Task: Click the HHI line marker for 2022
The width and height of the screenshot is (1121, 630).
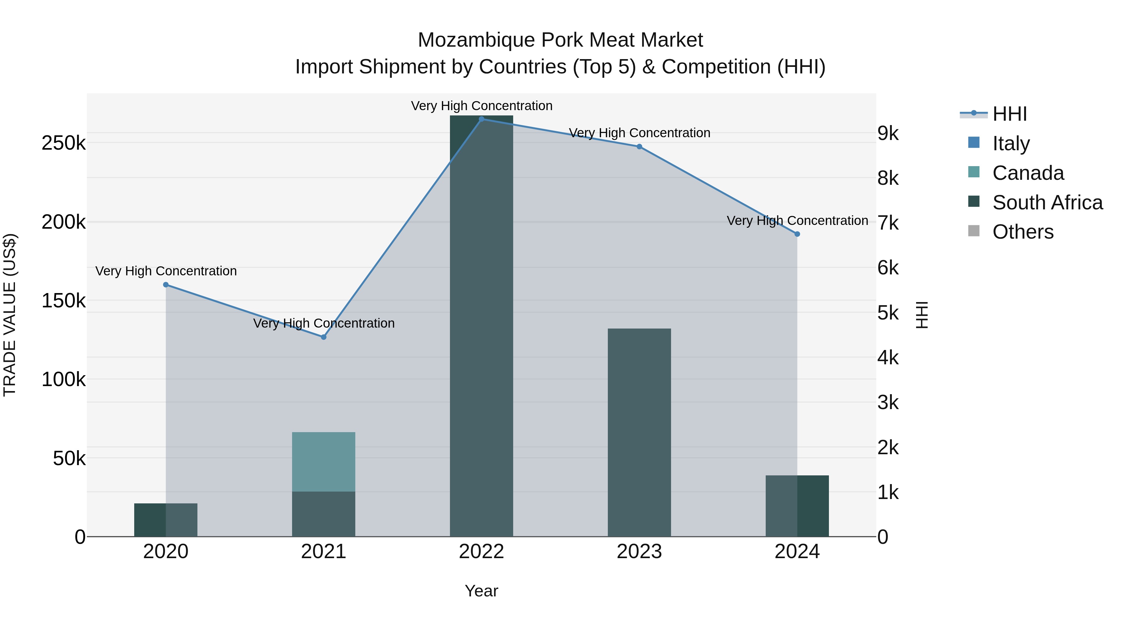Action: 481,119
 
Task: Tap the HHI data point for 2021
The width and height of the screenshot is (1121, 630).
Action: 323,337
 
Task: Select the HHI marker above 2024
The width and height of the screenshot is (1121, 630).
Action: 797,234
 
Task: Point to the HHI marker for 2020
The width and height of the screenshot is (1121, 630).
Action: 166,285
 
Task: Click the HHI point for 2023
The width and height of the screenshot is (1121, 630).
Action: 639,147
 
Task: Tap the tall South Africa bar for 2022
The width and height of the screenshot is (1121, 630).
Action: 481,326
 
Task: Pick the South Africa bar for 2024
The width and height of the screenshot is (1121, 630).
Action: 797,506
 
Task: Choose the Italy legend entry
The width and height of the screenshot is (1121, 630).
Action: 1010,143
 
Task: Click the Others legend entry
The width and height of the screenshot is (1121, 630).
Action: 1023,232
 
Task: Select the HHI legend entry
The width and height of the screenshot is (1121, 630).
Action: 1010,114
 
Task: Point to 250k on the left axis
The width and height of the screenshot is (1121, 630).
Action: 64,143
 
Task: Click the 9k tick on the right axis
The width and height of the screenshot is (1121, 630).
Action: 888,133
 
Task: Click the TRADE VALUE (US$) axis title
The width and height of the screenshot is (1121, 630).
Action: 10,315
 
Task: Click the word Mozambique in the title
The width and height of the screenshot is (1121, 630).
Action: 476,40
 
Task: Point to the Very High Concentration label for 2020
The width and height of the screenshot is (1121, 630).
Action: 166,271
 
